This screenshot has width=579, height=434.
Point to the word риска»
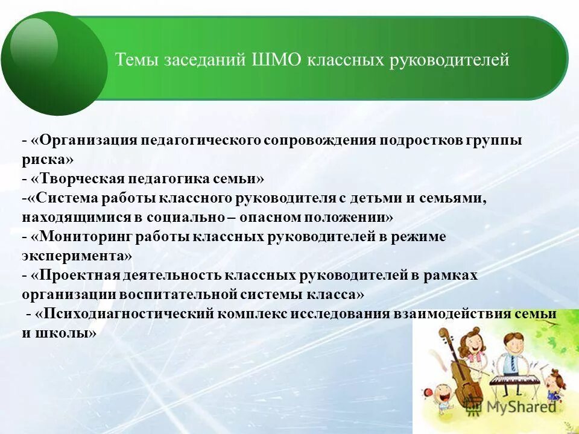(x=48, y=160)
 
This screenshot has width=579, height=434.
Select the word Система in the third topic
(x=65, y=198)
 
